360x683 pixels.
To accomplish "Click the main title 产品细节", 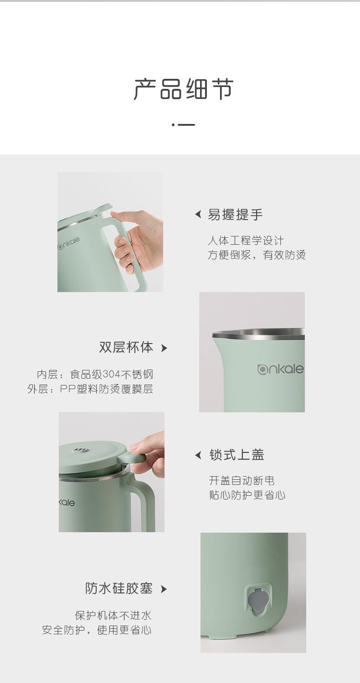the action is (x=184, y=89).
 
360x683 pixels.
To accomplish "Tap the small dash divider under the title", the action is (x=183, y=125).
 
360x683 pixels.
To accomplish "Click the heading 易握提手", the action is (x=235, y=215).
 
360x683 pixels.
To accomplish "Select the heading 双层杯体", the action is (x=126, y=347).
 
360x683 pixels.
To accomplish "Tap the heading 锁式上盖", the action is (x=237, y=455).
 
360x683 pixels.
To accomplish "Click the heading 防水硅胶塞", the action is (x=118, y=588).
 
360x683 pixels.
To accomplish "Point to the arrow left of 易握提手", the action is (x=198, y=214).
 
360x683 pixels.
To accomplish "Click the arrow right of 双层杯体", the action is (x=164, y=348).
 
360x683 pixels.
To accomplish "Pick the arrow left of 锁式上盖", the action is (x=198, y=455).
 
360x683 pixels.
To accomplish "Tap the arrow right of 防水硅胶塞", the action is (x=164, y=589).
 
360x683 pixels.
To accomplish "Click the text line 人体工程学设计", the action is (x=246, y=241).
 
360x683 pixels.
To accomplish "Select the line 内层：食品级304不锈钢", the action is (x=95, y=374).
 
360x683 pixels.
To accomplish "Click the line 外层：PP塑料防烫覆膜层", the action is (x=90, y=389).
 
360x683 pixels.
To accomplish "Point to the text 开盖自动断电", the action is (x=242, y=481).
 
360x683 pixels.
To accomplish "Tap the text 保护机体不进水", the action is (x=113, y=615).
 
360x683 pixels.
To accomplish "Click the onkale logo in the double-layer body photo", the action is (x=281, y=369).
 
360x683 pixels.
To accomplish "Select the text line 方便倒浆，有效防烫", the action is (x=257, y=255).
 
